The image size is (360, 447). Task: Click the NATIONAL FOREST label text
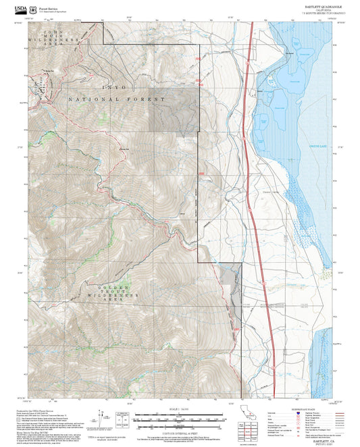[x=115, y=100]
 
